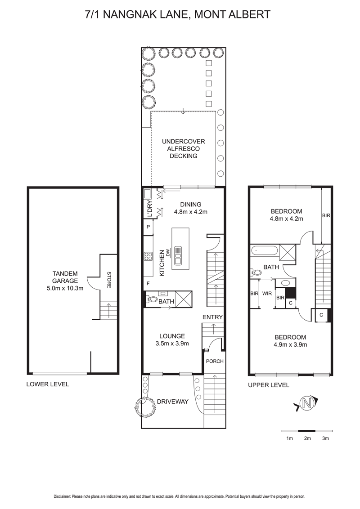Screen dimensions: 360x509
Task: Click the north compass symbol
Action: pos(306,403)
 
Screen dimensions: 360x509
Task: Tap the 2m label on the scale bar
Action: pos(307,438)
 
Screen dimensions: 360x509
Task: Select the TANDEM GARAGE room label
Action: pos(65,277)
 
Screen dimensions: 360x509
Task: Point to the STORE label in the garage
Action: pos(109,280)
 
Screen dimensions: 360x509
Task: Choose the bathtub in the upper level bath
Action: pos(264,250)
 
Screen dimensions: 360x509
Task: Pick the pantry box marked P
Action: pos(148,227)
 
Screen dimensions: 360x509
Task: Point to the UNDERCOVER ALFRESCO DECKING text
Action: pos(184,149)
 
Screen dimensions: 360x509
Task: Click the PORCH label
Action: pos(215,361)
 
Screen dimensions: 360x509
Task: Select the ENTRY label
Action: pos(212,317)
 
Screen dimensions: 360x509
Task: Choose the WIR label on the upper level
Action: pos(267,294)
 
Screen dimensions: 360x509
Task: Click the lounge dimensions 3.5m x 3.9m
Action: pos(172,344)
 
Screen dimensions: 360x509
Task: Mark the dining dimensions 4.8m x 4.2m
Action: pos(191,212)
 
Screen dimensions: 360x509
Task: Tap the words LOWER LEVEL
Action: pos(47,384)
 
